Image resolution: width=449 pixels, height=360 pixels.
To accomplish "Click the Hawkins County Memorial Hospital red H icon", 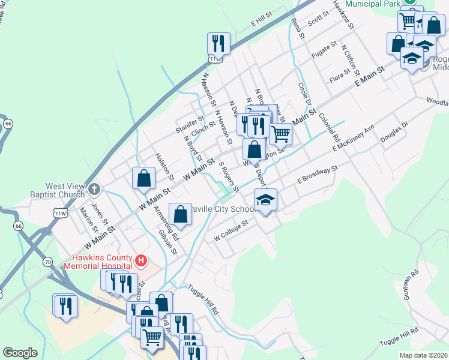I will [x=141, y=260].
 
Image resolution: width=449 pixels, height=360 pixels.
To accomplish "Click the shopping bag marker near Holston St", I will [x=144, y=178].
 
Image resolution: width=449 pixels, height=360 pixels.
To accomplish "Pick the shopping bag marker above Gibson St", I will [x=181, y=214].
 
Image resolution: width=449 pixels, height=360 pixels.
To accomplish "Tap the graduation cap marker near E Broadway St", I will [x=265, y=200].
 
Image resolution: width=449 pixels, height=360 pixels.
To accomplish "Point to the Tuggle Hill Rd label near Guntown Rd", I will [x=399, y=337].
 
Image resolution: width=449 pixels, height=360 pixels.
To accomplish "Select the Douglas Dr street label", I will [x=394, y=133].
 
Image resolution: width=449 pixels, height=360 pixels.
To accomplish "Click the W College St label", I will [x=231, y=230].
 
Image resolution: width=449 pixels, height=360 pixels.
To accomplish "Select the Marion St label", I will [x=86, y=218].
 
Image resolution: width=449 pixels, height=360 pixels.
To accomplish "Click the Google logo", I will [x=20, y=353].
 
